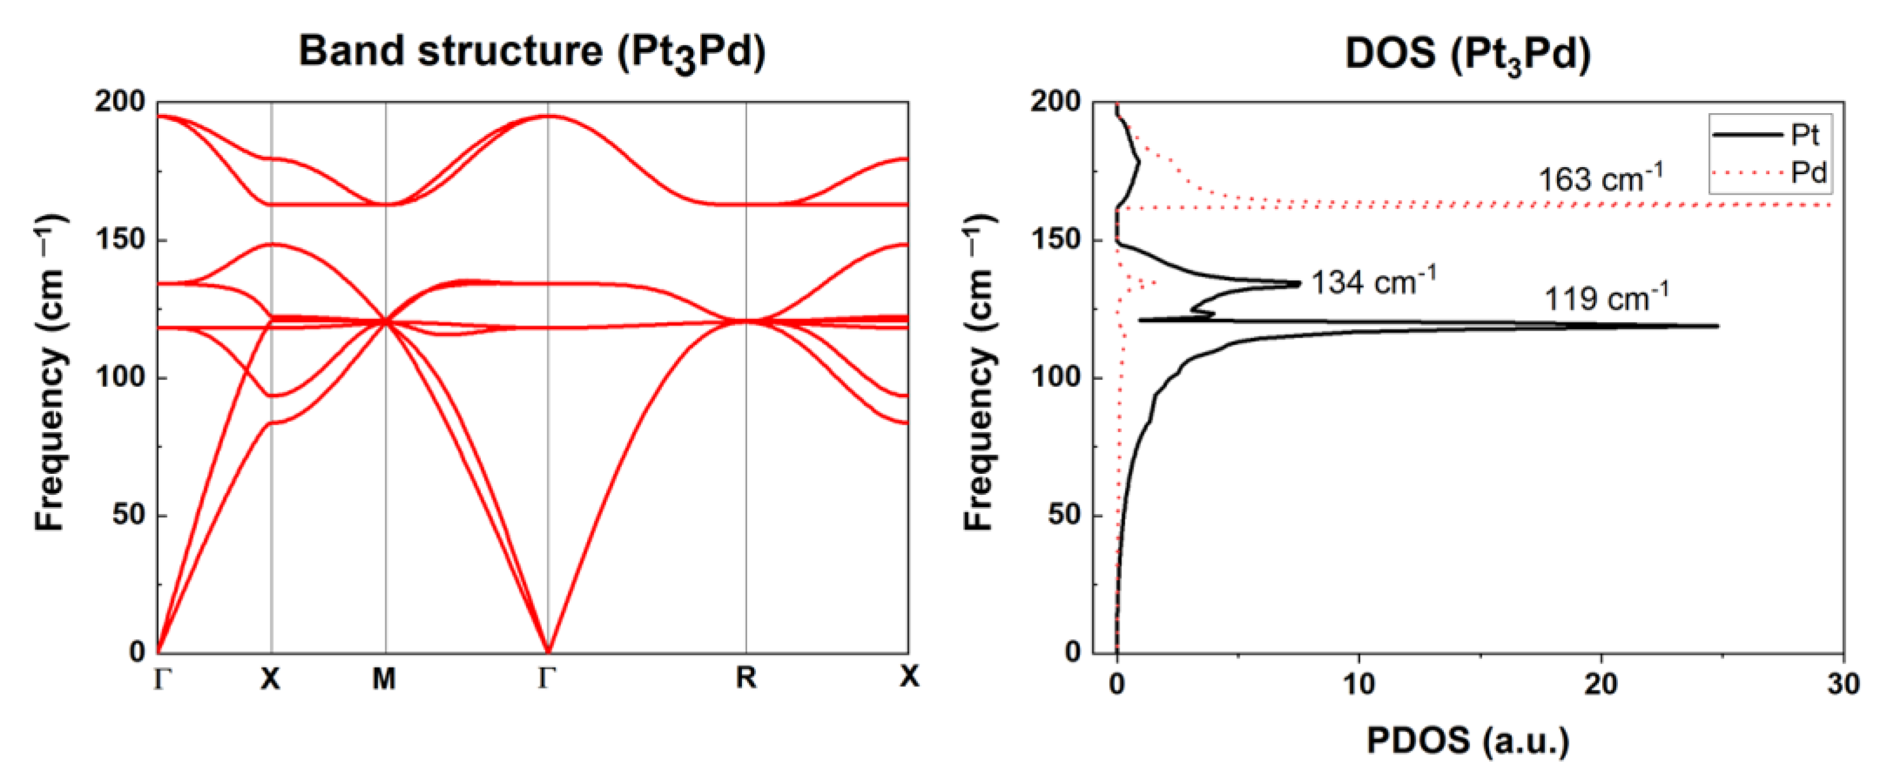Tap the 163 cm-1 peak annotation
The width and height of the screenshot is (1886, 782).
(x=1601, y=179)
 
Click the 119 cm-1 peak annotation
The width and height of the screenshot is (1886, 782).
(x=1606, y=299)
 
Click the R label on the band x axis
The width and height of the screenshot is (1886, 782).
(x=745, y=678)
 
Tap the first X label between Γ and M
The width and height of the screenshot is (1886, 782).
(x=270, y=679)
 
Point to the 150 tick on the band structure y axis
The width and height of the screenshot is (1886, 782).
(x=121, y=240)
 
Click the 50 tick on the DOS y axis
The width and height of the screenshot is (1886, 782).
(x=1064, y=514)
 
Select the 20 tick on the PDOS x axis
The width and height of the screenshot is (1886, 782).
(x=1601, y=684)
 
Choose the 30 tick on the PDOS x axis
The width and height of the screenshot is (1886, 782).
(x=1842, y=684)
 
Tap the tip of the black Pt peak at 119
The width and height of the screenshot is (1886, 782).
(x=1717, y=326)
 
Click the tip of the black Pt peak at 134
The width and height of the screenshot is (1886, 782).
(x=1299, y=283)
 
